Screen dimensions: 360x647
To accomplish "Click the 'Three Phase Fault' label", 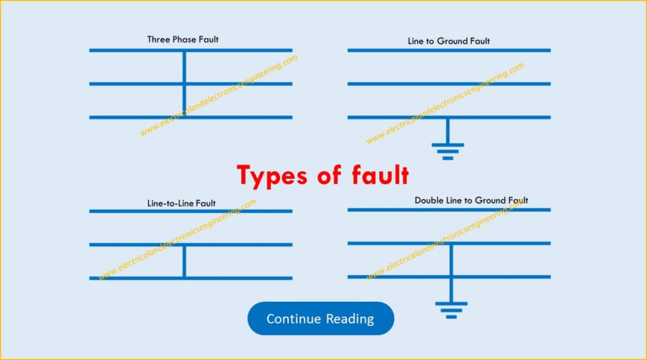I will [x=183, y=39].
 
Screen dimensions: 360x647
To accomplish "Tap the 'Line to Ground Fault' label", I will [x=449, y=41].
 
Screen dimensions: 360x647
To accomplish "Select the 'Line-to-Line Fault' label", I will [x=181, y=203].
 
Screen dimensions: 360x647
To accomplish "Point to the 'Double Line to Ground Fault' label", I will [x=471, y=200].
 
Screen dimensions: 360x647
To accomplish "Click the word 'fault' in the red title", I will [x=379, y=175].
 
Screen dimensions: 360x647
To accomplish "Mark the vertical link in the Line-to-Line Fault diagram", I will [x=184, y=261].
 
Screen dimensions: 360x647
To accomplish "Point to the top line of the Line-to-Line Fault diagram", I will [x=126, y=211].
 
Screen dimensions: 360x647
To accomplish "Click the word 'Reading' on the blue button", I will [x=349, y=319].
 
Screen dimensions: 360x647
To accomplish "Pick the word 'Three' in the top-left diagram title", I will [x=158, y=39].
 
